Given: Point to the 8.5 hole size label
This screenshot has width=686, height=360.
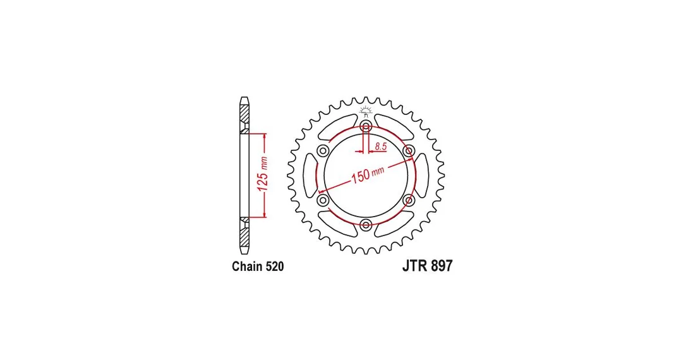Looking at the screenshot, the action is [x=381, y=147].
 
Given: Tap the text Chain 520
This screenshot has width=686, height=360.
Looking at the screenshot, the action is [x=258, y=267].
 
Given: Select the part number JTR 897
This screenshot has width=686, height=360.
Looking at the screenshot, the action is [x=427, y=266].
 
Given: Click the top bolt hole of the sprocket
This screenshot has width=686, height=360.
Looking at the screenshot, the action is [x=366, y=127].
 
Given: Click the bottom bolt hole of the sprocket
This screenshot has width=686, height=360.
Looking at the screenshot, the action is [x=366, y=225].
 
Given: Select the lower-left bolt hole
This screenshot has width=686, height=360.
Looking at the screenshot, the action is [x=324, y=200].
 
